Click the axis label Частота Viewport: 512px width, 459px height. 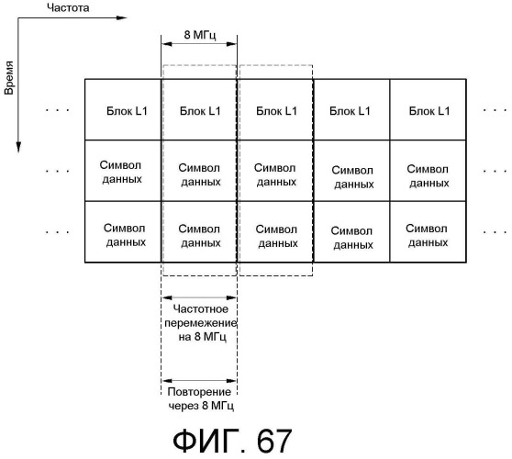[68, 7]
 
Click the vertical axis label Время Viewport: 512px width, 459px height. [9, 77]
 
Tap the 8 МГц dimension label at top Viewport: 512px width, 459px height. [200, 34]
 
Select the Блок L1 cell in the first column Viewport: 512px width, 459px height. [123, 110]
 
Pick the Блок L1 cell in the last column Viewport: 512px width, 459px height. [429, 110]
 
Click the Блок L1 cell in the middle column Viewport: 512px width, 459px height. [275, 110]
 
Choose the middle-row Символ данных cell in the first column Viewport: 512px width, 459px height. [123, 171]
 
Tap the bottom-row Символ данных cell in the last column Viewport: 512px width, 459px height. [429, 232]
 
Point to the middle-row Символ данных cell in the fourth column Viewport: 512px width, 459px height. [351, 171]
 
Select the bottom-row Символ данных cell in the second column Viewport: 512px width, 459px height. [199, 232]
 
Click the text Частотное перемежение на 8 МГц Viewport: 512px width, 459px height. [201, 323]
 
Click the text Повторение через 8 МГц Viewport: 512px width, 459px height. [200, 398]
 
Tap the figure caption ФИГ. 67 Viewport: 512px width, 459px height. [232, 441]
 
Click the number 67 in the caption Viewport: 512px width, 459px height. [274, 441]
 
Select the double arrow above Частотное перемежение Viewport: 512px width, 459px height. [199, 297]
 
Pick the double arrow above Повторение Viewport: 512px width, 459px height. [199, 381]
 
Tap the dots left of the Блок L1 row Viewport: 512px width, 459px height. [58, 110]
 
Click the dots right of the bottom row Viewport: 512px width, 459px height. [495, 232]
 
